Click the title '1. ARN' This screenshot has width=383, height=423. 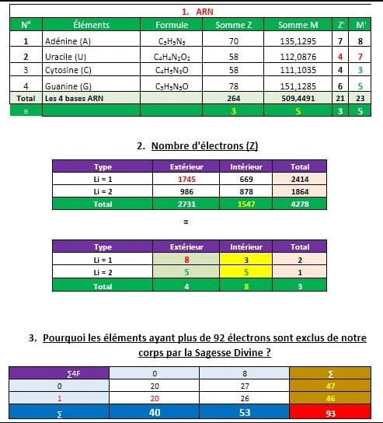pos(197,12)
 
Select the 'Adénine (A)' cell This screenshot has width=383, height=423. pos(68,40)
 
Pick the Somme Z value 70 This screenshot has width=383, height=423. pos(233,40)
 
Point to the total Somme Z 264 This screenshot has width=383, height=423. pos(233,99)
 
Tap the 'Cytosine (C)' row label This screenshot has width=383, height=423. pos(70,70)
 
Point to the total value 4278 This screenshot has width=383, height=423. pos(299,203)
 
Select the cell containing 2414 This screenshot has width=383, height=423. pos(299,179)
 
